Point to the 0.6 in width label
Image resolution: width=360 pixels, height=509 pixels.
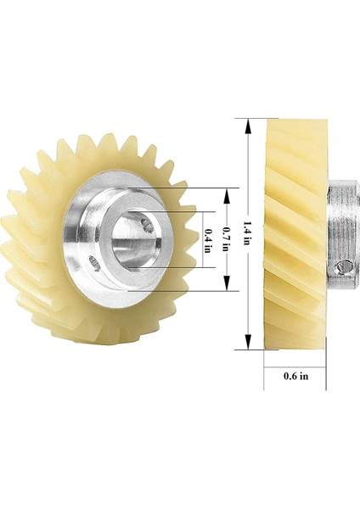click(295, 375)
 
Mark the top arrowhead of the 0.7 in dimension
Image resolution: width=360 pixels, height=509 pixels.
click(226, 193)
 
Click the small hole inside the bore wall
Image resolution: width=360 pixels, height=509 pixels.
click(148, 224)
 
